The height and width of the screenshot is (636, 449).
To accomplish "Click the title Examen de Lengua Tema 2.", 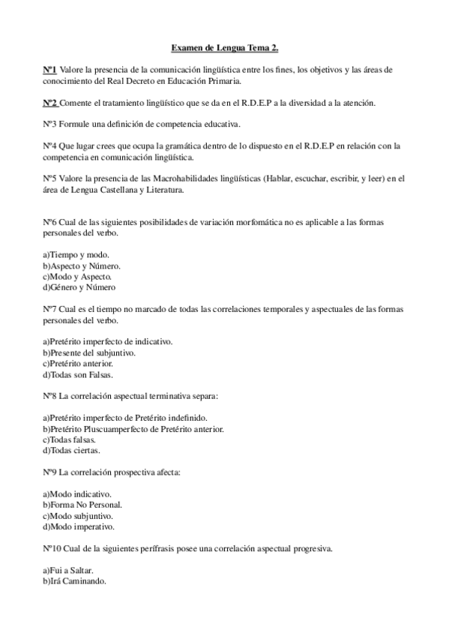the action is click(224, 48).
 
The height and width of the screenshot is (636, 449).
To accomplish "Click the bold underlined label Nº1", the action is click(49, 70).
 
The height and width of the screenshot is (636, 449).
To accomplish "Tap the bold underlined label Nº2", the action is click(49, 102).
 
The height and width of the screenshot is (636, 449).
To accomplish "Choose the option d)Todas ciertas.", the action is click(71, 450).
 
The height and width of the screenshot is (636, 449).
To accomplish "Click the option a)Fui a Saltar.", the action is click(67, 570).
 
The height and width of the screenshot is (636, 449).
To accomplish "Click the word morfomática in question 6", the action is click(238, 223).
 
